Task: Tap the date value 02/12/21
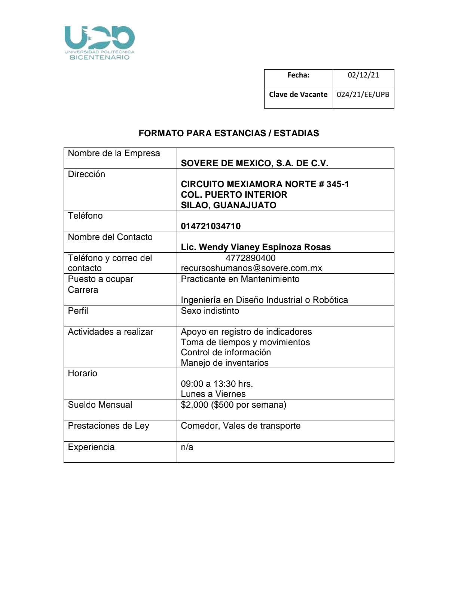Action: [363, 75]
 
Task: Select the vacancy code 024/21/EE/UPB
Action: [363, 94]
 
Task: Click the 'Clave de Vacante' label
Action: [298, 94]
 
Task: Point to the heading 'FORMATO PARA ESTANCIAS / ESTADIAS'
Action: [229, 133]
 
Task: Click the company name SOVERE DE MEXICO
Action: [254, 163]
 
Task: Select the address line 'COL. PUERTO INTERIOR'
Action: [234, 195]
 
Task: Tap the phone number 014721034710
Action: [211, 226]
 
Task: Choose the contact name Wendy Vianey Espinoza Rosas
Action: [256, 247]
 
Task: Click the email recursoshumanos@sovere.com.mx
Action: [251, 268]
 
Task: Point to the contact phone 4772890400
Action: [250, 258]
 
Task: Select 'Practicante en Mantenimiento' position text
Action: [240, 279]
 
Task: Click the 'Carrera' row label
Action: [83, 290]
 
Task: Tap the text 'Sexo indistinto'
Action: [210, 311]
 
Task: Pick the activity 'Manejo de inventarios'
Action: [225, 363]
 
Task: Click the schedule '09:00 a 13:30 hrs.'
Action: [217, 384]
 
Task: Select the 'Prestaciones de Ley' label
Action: [109, 426]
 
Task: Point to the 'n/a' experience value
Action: [187, 447]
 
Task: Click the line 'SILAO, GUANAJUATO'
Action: [228, 205]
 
